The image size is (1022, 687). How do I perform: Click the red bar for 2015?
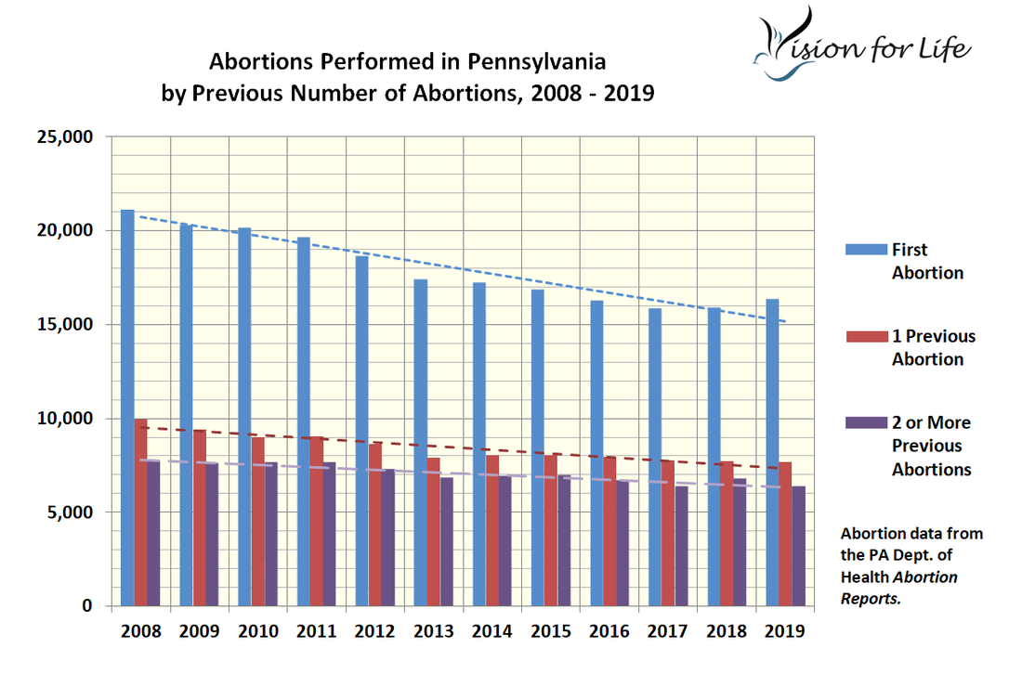[x=551, y=530]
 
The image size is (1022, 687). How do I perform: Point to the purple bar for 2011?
[x=330, y=534]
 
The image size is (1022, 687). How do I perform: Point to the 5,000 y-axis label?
[x=72, y=512]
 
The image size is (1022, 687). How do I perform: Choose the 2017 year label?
[x=667, y=632]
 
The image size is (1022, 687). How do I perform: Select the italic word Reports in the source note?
[x=871, y=599]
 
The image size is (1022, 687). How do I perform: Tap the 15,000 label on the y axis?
[x=68, y=325]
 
